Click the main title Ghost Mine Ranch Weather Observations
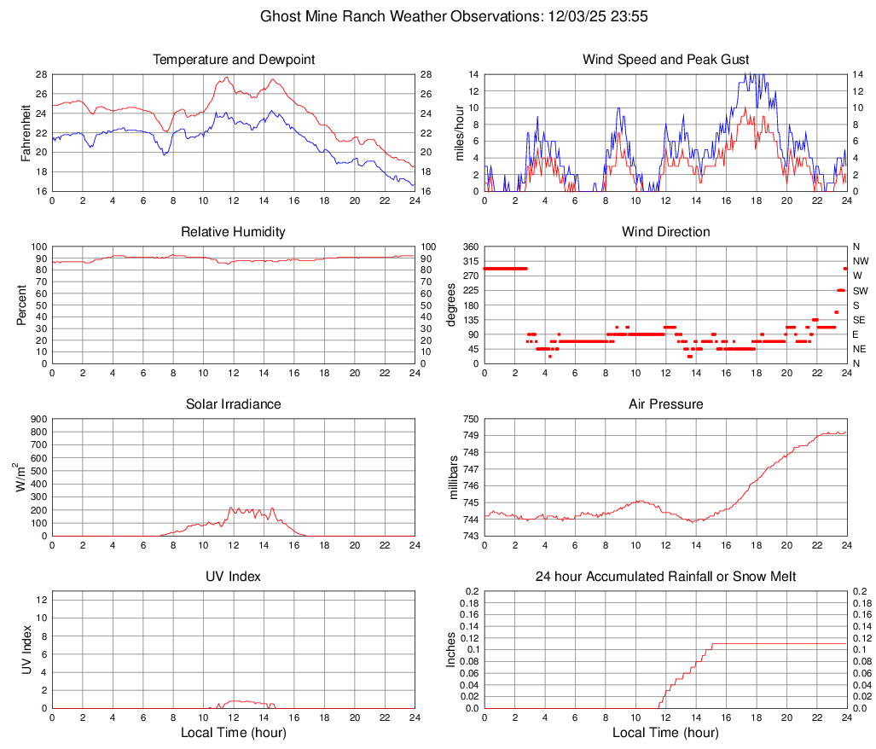coord(438,16)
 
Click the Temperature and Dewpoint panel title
coord(234,60)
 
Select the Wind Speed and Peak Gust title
coord(665,60)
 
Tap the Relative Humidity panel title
coord(234,232)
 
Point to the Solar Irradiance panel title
coord(234,404)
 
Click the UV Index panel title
coord(234,577)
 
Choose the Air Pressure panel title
coord(665,404)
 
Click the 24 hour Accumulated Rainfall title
coord(665,577)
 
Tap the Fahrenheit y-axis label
coord(25,132)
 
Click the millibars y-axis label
coord(454,478)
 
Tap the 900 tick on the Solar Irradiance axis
coord(38,419)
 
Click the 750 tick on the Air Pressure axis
coord(468,419)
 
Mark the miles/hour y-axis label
coord(459,132)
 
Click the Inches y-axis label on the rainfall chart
coord(451,649)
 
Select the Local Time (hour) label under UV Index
coord(234,733)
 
